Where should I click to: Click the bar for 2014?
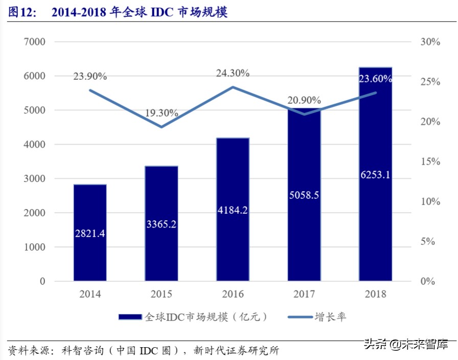(x=90, y=233)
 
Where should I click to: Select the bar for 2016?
(x=233, y=210)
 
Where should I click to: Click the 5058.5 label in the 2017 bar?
(x=304, y=194)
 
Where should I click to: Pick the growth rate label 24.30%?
(x=233, y=73)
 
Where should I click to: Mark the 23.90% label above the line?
(x=90, y=77)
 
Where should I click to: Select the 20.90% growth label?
(x=304, y=100)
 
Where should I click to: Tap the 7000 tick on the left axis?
(x=34, y=42)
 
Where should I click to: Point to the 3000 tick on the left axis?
(x=34, y=178)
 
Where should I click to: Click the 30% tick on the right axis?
(x=430, y=42)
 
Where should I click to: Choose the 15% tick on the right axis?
(x=430, y=162)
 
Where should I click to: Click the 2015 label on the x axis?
(x=161, y=294)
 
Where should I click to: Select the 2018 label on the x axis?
(x=375, y=294)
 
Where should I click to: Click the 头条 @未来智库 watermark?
(x=406, y=344)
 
